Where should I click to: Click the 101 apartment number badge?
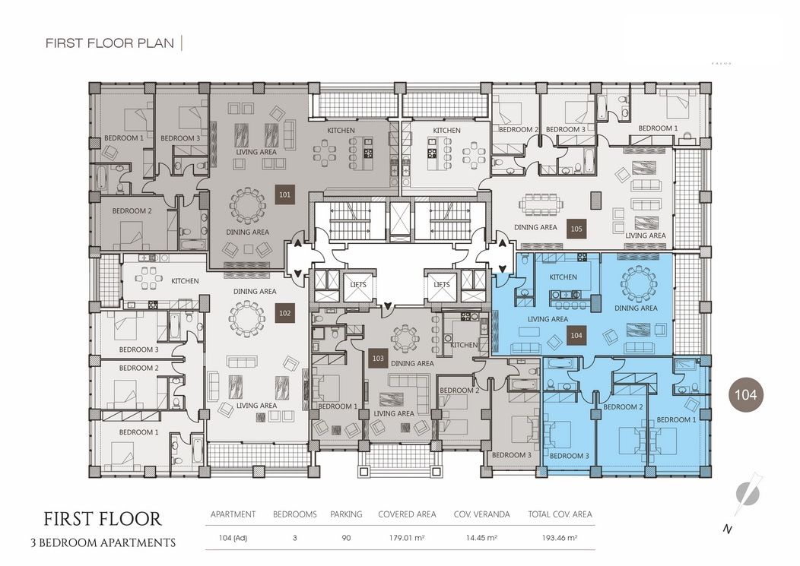click(x=284, y=195)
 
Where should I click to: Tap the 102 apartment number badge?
click(x=284, y=312)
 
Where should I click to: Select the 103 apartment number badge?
click(x=378, y=358)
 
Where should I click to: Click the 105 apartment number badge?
click(x=576, y=227)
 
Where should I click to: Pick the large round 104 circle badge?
click(x=748, y=394)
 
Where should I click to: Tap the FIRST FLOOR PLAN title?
click(x=110, y=43)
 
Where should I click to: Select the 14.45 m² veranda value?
click(x=475, y=538)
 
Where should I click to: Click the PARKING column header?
click(x=346, y=514)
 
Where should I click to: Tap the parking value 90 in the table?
click(x=346, y=538)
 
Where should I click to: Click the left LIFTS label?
click(x=358, y=284)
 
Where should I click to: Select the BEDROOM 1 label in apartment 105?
click(x=657, y=128)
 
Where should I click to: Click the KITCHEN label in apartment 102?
click(x=185, y=281)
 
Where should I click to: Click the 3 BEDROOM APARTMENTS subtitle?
click(x=103, y=543)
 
